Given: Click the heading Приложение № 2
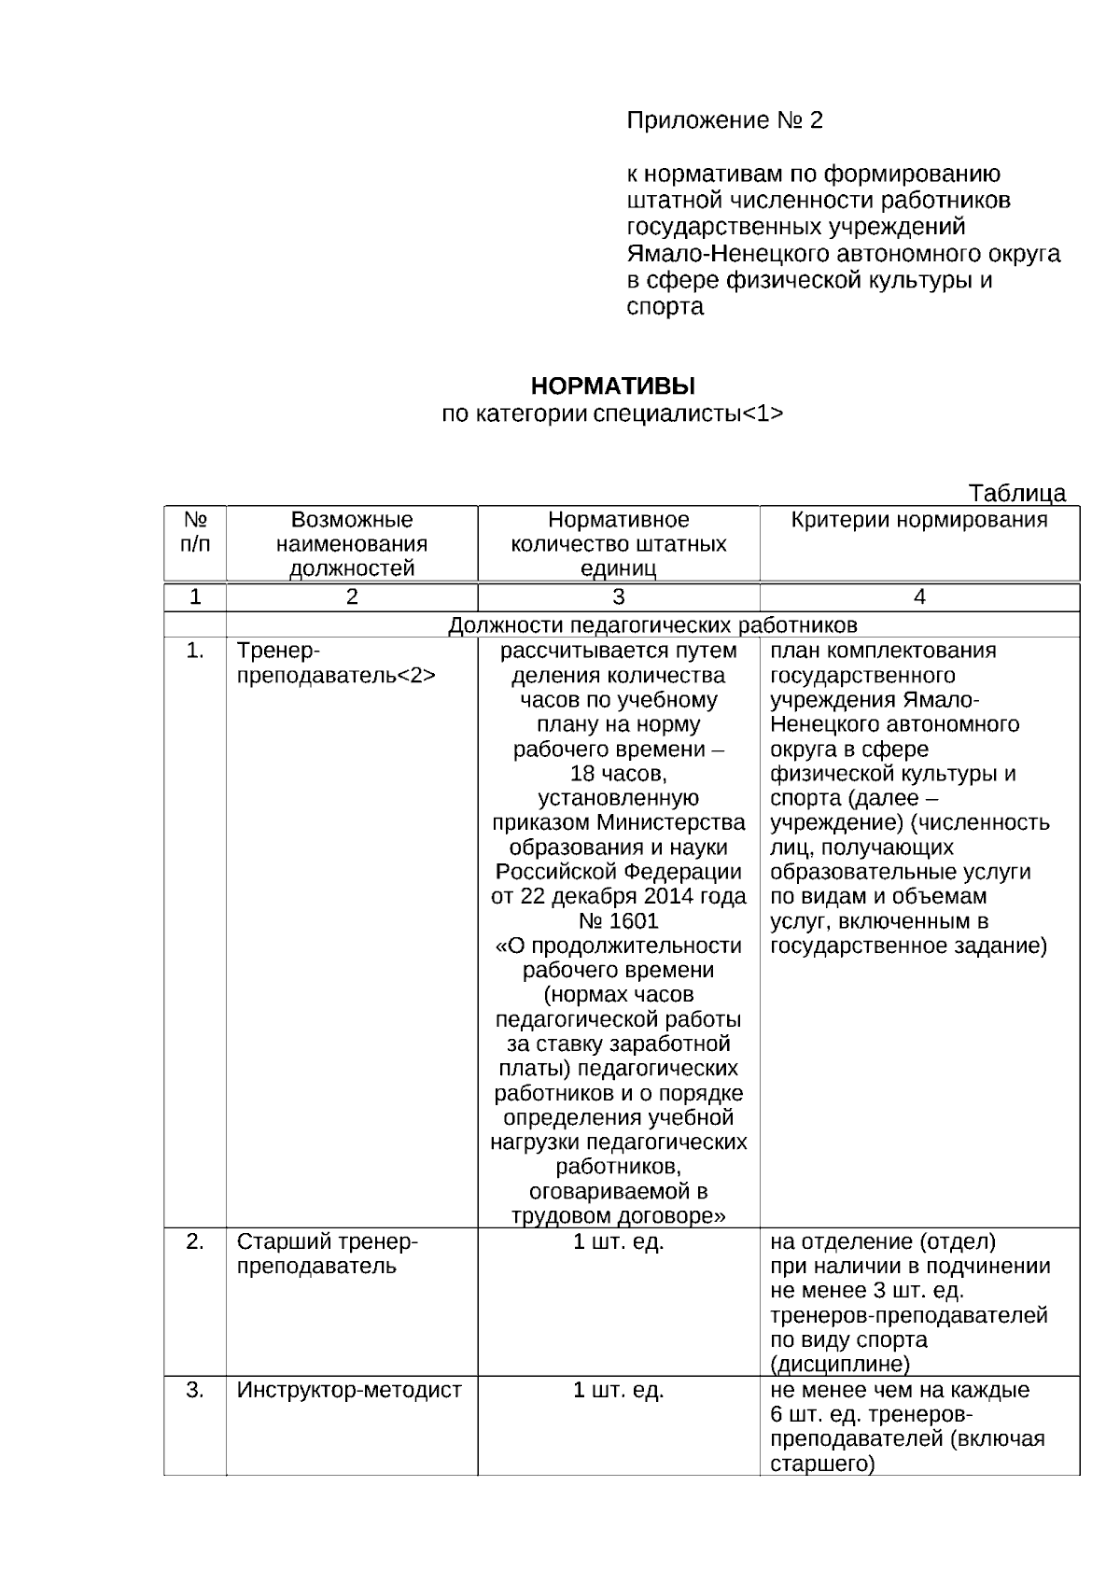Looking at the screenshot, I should [724, 120].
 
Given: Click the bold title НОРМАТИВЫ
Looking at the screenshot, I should [612, 386].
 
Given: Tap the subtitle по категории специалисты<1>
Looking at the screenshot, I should [612, 414].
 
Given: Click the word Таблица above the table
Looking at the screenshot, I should [1016, 493].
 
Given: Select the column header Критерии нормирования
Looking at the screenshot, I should [918, 521].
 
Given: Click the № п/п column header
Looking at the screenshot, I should [194, 532].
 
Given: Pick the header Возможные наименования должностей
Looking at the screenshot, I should [351, 544].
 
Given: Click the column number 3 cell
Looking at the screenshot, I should [618, 597].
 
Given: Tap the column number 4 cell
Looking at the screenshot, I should [918, 597].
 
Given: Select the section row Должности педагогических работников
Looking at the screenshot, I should [651, 624].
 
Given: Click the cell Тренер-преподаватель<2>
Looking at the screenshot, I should [336, 664].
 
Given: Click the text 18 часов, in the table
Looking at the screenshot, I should [618, 774].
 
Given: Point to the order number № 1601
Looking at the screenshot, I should [618, 921].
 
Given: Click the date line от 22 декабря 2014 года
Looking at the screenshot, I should [618, 897].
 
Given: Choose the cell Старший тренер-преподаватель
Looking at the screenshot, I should [328, 1254].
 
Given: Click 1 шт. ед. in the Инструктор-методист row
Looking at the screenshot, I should [618, 1390].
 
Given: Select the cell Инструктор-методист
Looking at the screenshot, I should [349, 1390].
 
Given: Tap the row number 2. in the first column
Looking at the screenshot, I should [194, 1241].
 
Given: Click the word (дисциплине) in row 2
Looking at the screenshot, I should [840, 1365].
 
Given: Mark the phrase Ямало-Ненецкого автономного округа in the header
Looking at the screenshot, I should [843, 254].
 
